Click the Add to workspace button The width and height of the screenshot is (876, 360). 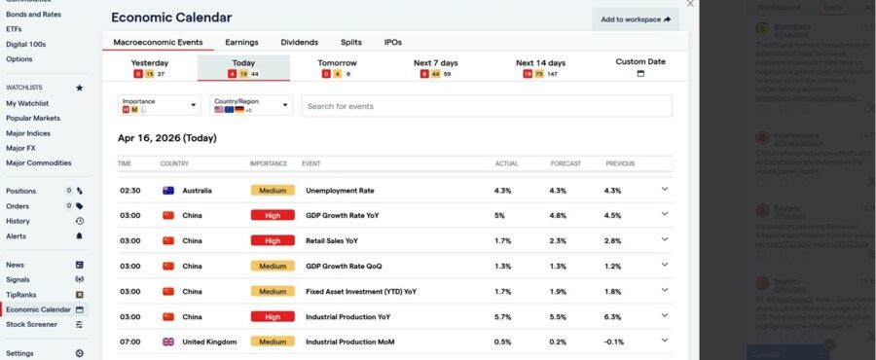(x=636, y=18)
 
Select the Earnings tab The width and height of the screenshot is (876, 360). (x=241, y=43)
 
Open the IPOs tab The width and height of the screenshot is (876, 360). (x=392, y=43)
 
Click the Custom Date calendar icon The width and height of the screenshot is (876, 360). (x=640, y=74)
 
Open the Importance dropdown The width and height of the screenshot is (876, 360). (x=160, y=105)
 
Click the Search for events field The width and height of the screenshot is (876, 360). (x=487, y=106)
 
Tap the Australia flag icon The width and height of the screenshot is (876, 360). (x=167, y=191)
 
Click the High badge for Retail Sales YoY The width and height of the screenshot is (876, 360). (x=273, y=240)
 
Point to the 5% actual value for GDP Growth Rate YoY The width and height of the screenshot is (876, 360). (x=499, y=216)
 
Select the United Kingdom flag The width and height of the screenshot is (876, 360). (x=167, y=342)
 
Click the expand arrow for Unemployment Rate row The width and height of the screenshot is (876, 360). (x=665, y=191)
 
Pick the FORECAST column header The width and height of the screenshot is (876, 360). (x=565, y=163)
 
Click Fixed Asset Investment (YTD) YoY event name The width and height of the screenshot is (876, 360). (x=360, y=291)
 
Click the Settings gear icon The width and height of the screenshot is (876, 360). (x=80, y=353)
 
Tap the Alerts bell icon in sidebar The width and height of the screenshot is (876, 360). (x=80, y=235)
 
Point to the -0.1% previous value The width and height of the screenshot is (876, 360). (x=614, y=342)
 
